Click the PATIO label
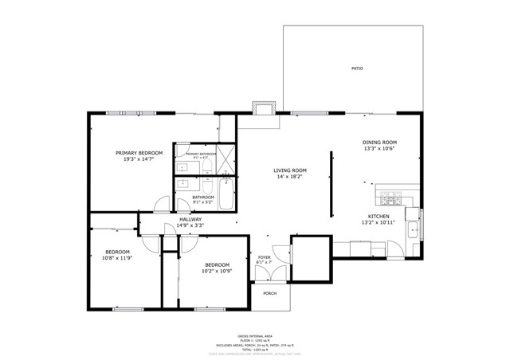[357, 68]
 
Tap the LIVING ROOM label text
[290, 170]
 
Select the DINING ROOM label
[380, 143]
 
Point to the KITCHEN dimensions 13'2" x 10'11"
[378, 223]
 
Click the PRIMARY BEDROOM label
[139, 153]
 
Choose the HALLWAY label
[190, 219]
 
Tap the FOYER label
[264, 257]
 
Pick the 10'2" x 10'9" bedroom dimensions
[217, 271]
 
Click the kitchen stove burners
[389, 197]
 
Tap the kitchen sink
[411, 231]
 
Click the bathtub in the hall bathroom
[225, 194]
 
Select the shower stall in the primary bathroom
[226, 158]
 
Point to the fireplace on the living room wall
[261, 108]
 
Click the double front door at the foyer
[264, 275]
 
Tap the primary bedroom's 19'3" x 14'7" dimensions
[139, 159]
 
